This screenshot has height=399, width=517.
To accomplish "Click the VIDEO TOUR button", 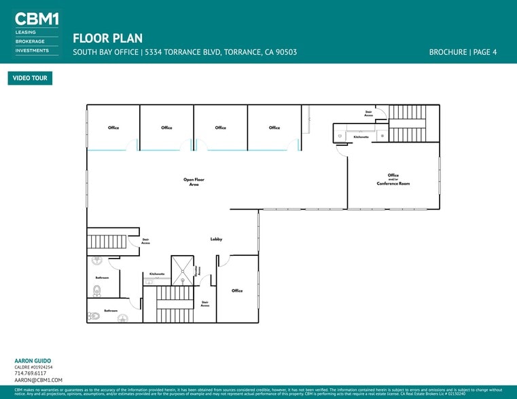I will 30,78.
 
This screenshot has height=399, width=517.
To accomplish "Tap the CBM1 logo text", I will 37,19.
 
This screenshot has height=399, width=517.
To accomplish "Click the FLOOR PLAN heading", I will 107,38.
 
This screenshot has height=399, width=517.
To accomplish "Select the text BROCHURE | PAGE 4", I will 463,52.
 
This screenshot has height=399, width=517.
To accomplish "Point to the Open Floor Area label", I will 194,182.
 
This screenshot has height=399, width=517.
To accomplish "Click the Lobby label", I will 216,239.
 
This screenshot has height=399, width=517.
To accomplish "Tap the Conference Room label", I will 393,183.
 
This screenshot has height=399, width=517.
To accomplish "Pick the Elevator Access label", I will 199,270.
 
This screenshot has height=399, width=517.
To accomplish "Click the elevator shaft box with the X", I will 182,270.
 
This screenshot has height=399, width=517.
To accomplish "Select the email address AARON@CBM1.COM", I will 38,381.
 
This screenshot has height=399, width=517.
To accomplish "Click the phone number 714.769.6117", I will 30,373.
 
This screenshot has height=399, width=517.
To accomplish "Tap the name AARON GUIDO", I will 33,361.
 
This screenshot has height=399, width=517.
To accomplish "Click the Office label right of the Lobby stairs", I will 236,290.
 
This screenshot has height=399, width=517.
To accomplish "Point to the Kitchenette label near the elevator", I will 157,273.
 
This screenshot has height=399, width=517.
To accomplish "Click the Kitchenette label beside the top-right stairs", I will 361,136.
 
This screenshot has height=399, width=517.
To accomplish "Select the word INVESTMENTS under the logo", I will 32,50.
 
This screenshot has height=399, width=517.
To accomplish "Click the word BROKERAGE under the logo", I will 31,41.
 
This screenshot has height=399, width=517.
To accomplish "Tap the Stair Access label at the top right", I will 369,113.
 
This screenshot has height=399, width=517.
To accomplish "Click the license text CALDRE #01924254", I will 33,367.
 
